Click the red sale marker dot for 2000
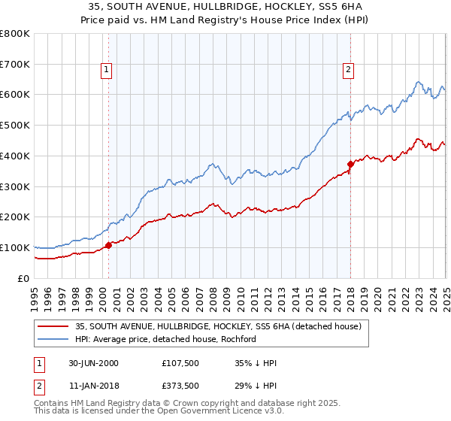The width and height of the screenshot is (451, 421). point(108,245)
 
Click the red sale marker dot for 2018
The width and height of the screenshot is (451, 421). point(350,164)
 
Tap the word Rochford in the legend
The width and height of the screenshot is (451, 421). point(238,339)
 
